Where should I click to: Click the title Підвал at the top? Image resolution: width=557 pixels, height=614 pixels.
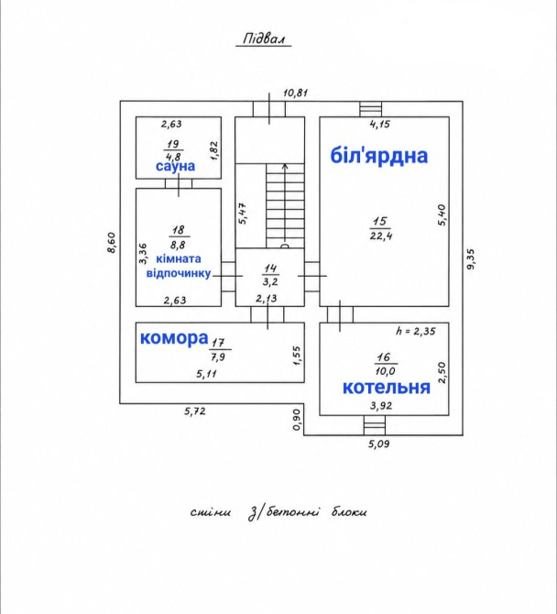pyautogui.click(x=264, y=38)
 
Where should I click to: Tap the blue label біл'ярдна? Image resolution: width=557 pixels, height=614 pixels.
pyautogui.click(x=379, y=156)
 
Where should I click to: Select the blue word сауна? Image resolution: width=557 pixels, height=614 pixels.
pyautogui.click(x=175, y=166)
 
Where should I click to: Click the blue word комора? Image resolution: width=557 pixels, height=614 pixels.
pyautogui.click(x=174, y=338)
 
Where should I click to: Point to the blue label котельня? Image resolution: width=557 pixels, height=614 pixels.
pyautogui.click(x=387, y=388)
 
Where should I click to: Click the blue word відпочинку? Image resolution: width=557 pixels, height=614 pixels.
pyautogui.click(x=179, y=273)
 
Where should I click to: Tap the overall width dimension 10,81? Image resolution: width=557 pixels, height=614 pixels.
pyautogui.click(x=296, y=93)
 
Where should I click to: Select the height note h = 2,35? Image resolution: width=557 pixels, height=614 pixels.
pyautogui.click(x=415, y=331)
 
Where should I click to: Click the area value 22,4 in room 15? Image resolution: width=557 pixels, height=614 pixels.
pyautogui.click(x=381, y=236)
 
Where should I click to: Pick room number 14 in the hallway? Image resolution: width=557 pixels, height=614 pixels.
pyautogui.click(x=270, y=269)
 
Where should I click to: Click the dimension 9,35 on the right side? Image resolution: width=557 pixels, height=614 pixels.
pyautogui.click(x=470, y=258)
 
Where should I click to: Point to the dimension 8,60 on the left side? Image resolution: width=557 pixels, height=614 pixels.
pyautogui.click(x=112, y=243)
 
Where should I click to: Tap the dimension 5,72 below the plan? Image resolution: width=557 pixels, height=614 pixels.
pyautogui.click(x=195, y=411)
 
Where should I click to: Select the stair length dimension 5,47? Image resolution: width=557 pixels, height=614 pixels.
pyautogui.click(x=243, y=213)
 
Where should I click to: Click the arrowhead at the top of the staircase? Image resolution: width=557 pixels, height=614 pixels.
pyautogui.click(x=285, y=166)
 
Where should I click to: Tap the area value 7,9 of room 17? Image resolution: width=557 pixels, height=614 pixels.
pyautogui.click(x=219, y=357)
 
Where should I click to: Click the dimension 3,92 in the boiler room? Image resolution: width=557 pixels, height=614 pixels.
pyautogui.click(x=381, y=406)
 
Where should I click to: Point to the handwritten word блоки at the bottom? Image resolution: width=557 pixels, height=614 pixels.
pyautogui.click(x=349, y=511)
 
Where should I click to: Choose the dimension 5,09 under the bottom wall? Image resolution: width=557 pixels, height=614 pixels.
pyautogui.click(x=378, y=444)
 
